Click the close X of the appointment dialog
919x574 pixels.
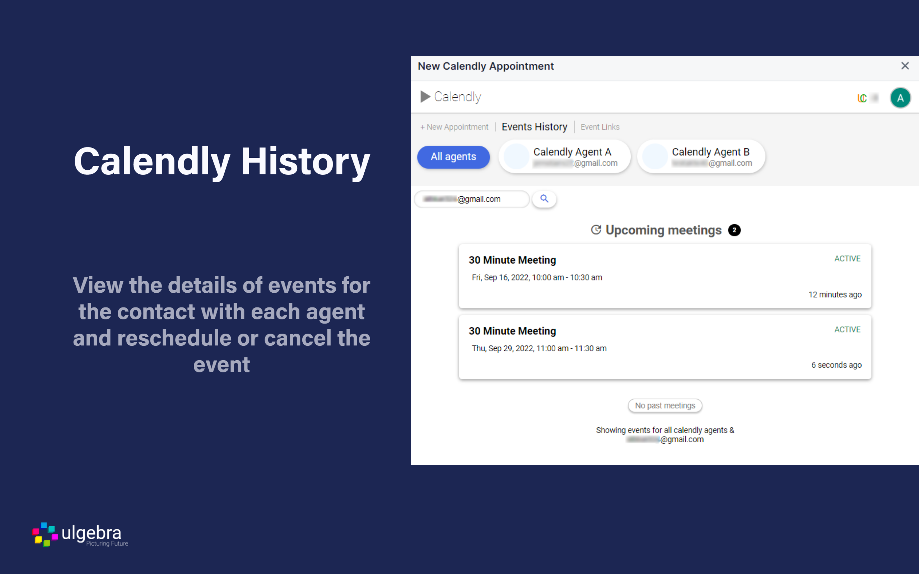tap(905, 66)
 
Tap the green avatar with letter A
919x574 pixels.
tap(900, 98)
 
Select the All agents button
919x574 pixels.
tap(453, 157)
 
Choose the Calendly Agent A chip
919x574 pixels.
tap(564, 157)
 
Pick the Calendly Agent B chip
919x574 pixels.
tap(701, 157)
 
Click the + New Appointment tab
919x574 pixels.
tap(454, 127)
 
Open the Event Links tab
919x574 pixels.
tap(600, 127)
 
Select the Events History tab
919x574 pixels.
tap(534, 127)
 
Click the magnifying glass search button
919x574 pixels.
tap(544, 199)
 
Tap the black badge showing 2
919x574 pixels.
tap(734, 230)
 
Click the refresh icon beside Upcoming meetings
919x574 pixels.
tap(596, 230)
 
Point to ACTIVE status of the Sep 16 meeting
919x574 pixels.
tap(847, 259)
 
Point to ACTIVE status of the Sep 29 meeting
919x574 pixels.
tap(847, 330)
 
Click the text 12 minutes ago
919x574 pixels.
tap(835, 295)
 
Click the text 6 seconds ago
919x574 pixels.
tap(836, 365)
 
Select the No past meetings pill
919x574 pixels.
tap(665, 405)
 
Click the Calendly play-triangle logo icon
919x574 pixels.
tap(425, 97)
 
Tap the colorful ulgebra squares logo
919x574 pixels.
tap(45, 534)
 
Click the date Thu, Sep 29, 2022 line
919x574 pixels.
tap(539, 348)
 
